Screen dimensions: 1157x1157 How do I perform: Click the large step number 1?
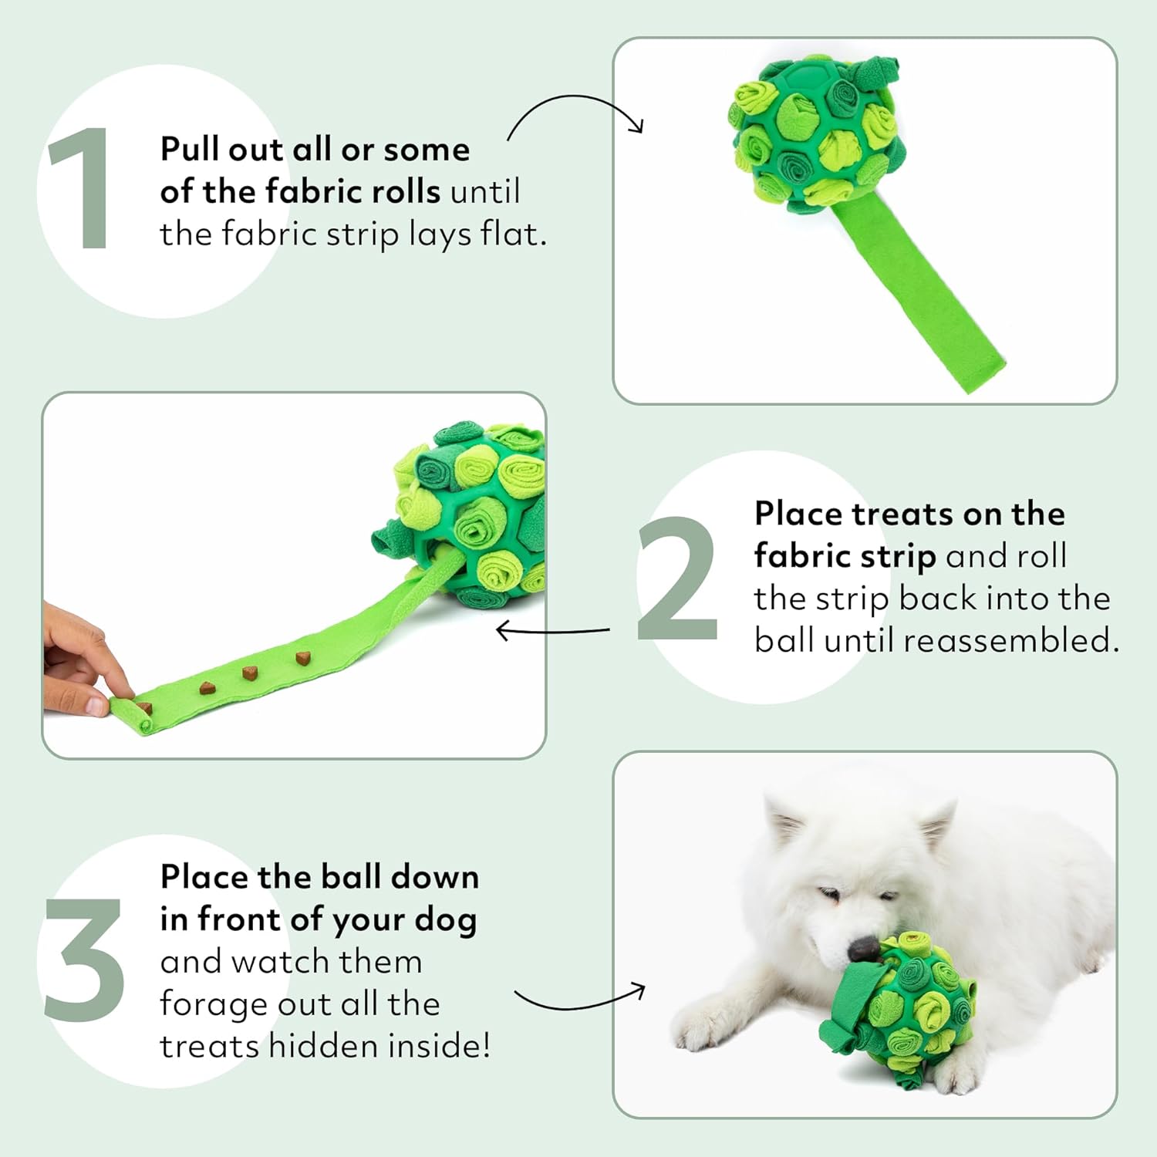tap(81, 189)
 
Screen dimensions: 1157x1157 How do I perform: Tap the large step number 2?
tap(676, 578)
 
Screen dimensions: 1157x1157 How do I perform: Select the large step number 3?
tap(83, 960)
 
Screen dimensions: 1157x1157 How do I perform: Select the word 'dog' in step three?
tap(445, 920)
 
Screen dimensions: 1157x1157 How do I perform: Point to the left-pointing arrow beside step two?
tap(552, 632)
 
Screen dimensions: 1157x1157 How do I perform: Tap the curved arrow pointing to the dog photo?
tap(580, 999)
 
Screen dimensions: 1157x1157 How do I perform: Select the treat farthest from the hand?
tap(302, 658)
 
